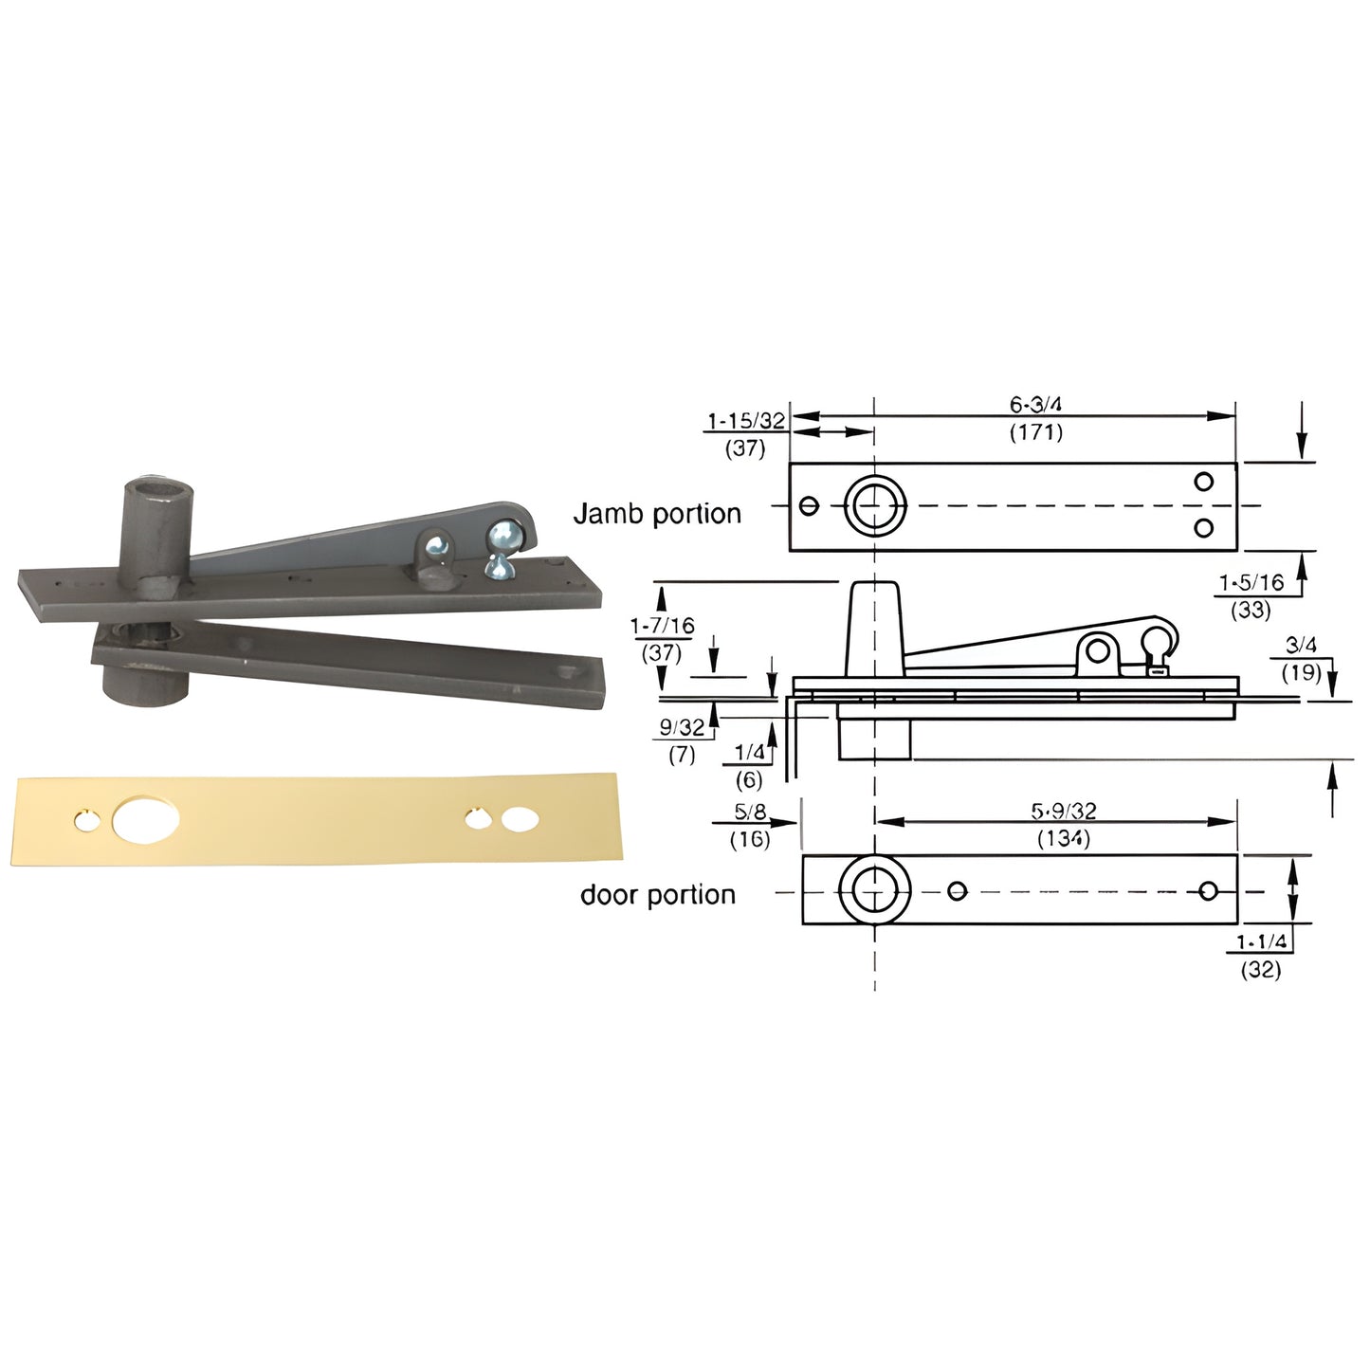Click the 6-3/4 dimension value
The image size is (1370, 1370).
tap(1035, 404)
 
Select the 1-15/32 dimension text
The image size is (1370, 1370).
tap(745, 421)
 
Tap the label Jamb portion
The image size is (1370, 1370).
tap(657, 514)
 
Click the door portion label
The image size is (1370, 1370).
tap(657, 895)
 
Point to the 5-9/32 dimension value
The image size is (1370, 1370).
tap(1063, 812)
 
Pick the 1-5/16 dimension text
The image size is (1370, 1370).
tap(1251, 582)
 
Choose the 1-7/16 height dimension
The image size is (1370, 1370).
tap(662, 626)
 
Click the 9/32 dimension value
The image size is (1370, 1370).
tap(682, 728)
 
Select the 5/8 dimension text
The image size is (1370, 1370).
tap(749, 813)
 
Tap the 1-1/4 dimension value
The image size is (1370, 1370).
tap(1261, 941)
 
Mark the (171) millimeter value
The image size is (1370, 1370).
tap(1035, 433)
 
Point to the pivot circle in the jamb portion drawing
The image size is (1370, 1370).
tap(874, 505)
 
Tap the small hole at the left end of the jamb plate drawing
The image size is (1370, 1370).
tap(809, 505)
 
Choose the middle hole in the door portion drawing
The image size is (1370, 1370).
tap(957, 890)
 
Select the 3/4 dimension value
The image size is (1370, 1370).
tap(1300, 646)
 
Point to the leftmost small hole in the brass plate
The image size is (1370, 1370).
tap(86, 820)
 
